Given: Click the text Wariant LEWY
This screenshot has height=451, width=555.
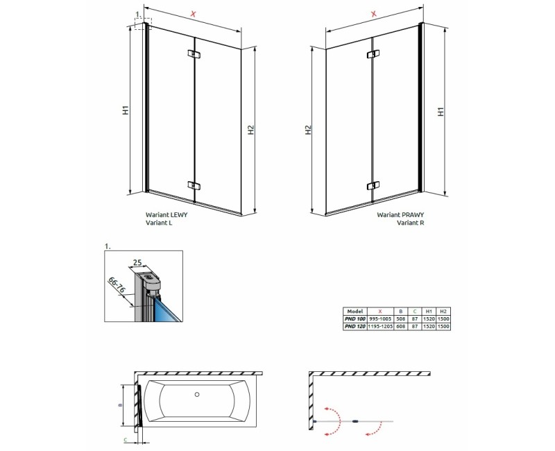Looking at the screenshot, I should tap(166, 216).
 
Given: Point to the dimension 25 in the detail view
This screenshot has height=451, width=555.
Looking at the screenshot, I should tap(138, 262).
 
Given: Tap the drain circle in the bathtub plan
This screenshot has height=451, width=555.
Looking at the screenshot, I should tap(198, 395).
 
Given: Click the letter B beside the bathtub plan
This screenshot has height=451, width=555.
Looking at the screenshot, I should tap(121, 405).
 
